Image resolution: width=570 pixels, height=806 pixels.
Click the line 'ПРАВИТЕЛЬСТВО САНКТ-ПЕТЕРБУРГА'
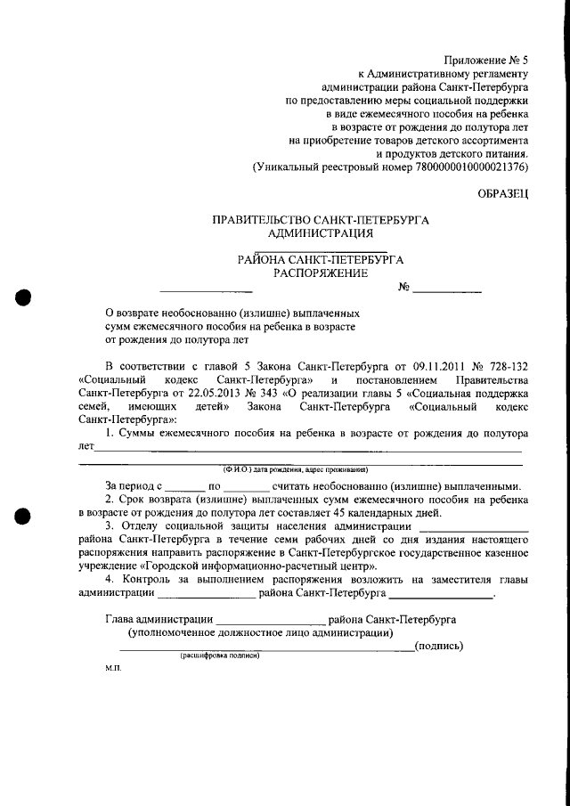321,219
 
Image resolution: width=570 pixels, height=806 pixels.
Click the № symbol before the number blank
403,288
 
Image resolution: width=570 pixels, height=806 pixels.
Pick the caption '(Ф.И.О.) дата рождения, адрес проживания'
295,469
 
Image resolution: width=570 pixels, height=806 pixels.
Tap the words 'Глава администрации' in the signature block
159,617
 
